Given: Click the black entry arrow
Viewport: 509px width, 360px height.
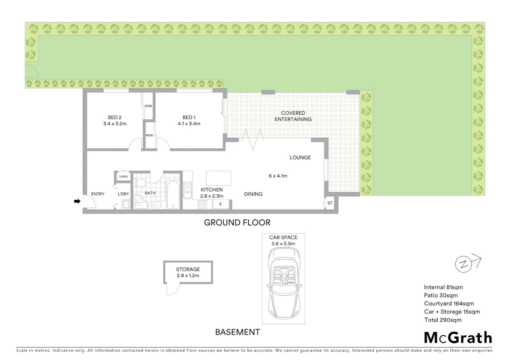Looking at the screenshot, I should tap(77, 201).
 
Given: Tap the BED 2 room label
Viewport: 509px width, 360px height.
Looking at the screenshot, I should tap(115, 117).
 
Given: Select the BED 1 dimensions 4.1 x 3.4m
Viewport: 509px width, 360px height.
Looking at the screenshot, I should tap(189, 124).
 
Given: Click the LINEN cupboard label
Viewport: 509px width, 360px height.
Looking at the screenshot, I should tap(123, 177).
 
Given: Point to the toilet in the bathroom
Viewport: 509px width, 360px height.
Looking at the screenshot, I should tap(141, 183).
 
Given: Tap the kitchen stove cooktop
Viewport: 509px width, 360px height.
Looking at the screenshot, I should tap(202, 204).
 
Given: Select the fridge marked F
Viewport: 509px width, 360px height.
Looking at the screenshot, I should tap(221, 204).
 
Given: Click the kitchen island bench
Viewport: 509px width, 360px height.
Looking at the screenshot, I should tap(219, 178).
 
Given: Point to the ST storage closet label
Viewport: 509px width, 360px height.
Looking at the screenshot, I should tap(330, 203).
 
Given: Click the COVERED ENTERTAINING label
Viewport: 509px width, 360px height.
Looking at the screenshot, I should tap(293, 116).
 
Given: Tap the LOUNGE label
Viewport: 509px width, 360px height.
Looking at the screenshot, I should tap(300, 158).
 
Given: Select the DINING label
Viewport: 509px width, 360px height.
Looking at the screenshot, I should tap(253, 194).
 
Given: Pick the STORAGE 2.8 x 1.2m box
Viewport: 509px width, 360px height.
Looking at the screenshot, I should tap(188, 272).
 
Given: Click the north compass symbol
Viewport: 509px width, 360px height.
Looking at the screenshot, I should tap(463, 265).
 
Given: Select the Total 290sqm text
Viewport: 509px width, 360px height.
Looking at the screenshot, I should tap(443, 320).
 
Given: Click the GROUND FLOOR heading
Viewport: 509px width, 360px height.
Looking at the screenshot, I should tap(237, 223).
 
